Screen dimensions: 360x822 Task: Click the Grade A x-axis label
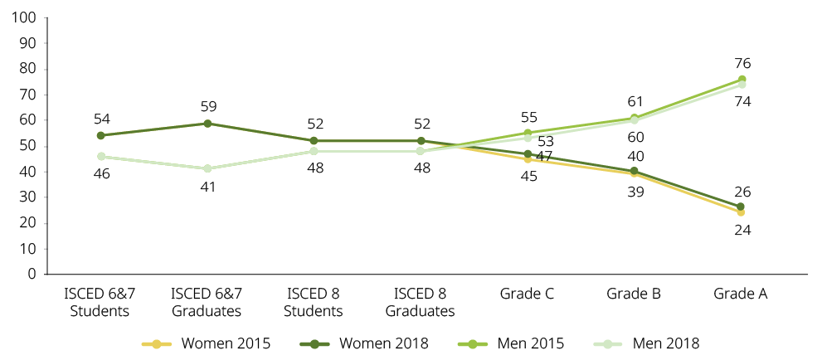(x=742, y=294)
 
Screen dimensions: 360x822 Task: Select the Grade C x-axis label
(x=528, y=294)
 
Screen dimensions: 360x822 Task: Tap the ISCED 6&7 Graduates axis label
(x=207, y=303)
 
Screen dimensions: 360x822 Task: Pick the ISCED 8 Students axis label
(x=314, y=303)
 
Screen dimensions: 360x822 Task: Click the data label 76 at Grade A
(x=742, y=63)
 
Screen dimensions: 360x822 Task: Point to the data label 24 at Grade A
(x=742, y=230)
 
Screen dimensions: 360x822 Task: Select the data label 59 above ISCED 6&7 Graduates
(x=207, y=106)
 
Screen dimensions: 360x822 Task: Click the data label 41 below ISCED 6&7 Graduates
(x=207, y=187)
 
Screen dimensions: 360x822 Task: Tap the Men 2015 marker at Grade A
(x=742, y=80)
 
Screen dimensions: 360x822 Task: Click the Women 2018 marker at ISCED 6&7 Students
(x=100, y=135)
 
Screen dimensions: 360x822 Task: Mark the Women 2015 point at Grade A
(x=742, y=212)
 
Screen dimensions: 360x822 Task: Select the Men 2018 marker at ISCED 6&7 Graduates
(x=207, y=168)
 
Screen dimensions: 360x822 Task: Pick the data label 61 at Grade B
(x=635, y=101)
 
